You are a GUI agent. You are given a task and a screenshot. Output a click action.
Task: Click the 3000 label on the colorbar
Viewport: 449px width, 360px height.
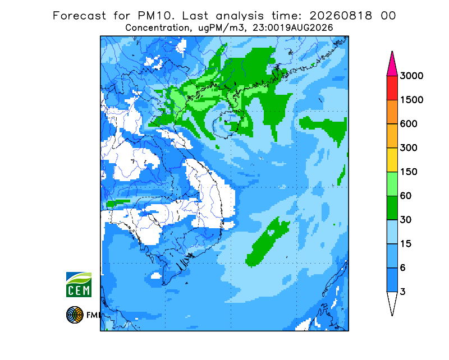pyautogui.click(x=411, y=76)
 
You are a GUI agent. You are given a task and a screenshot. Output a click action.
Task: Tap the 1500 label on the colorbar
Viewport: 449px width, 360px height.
pyautogui.click(x=411, y=100)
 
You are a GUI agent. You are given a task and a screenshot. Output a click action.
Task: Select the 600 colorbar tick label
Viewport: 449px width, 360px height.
pyautogui.click(x=409, y=124)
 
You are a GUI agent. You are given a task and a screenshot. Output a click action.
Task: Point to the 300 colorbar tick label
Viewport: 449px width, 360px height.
pyautogui.click(x=409, y=148)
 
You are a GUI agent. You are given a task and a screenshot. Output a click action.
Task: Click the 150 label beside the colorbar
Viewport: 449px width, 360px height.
pyautogui.click(x=409, y=172)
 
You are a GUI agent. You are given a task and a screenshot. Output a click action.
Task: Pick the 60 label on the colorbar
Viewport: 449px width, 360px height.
pyautogui.click(x=406, y=196)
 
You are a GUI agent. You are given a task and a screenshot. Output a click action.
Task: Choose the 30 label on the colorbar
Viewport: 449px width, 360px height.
pyautogui.click(x=406, y=220)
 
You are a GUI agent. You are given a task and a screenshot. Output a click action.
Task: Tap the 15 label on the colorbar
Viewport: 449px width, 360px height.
pyautogui.click(x=406, y=244)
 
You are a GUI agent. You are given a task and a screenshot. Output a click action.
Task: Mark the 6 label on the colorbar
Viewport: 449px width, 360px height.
pyautogui.click(x=403, y=268)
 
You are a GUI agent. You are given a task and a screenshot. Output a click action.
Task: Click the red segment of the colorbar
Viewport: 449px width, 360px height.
pyautogui.click(x=392, y=88)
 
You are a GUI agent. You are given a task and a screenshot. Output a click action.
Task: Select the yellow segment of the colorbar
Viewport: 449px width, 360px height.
pyautogui.click(x=392, y=160)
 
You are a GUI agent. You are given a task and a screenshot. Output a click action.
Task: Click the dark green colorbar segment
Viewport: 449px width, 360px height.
pyautogui.click(x=392, y=208)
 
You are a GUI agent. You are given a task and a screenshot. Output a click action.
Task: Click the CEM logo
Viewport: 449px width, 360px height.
pyautogui.click(x=79, y=284)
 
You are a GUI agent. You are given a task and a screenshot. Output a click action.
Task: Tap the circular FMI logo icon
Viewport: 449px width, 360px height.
pyautogui.click(x=75, y=315)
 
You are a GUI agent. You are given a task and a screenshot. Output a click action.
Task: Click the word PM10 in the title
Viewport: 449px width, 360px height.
pyautogui.click(x=156, y=16)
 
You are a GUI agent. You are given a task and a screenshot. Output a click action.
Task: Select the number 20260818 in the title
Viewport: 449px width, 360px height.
pyautogui.click(x=341, y=16)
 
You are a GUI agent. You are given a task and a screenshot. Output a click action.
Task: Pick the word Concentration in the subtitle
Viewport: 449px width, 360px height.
pyautogui.click(x=157, y=28)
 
